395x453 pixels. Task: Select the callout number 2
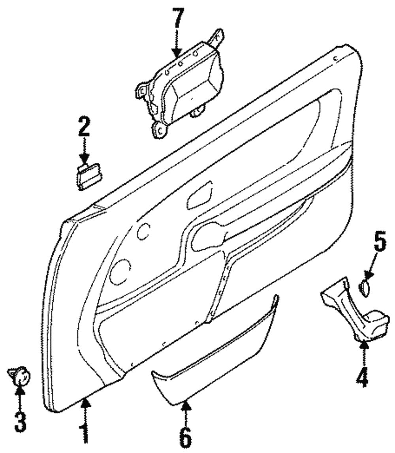(x=83, y=126)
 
